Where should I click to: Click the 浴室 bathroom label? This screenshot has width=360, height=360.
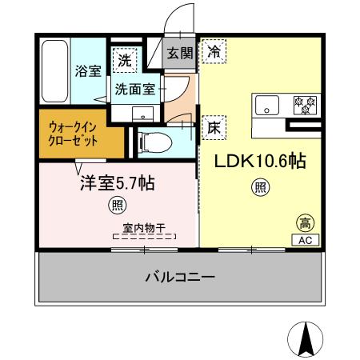[88, 71]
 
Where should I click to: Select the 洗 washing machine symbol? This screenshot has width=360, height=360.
[124, 58]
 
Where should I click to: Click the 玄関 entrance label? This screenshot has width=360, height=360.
[179, 54]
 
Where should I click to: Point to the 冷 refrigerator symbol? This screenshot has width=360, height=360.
[214, 50]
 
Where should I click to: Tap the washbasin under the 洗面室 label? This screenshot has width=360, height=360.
[144, 111]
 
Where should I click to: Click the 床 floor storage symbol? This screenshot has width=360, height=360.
[214, 126]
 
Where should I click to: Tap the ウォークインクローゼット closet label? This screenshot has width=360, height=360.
[74, 134]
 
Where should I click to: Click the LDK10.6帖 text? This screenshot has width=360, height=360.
[259, 161]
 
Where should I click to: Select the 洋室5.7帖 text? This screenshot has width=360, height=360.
[116, 183]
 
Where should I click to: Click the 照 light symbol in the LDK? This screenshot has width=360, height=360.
[260, 189]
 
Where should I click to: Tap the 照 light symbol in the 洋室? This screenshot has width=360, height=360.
[117, 206]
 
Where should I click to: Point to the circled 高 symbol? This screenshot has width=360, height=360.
[305, 222]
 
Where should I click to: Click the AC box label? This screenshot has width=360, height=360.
[306, 238]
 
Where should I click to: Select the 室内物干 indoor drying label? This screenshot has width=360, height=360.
[145, 227]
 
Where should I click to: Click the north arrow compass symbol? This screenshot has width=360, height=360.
[305, 338]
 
